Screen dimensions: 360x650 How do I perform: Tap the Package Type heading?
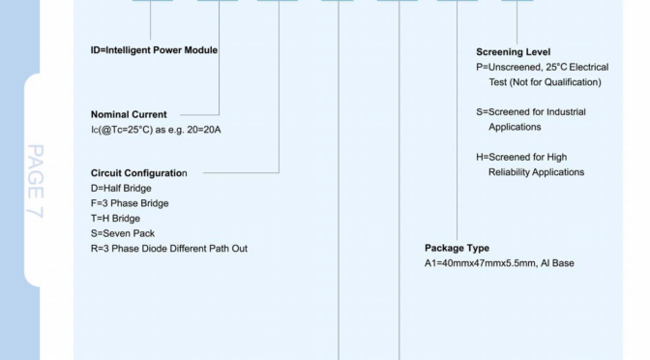coord(458,248)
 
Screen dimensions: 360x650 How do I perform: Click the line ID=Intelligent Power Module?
coord(147,50)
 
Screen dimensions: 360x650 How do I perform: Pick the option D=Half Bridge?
coord(113,188)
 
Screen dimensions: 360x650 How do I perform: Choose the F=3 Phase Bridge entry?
coord(123,203)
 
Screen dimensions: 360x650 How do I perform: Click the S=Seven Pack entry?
coord(112,233)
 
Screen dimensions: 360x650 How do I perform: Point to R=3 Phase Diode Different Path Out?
coord(162,249)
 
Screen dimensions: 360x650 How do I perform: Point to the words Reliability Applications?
coord(536,172)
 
